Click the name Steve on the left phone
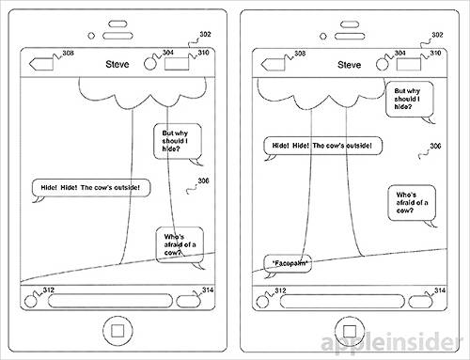tap(117, 64)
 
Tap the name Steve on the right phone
tap(349, 65)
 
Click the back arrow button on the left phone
tap(41, 64)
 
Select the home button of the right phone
tap(350, 331)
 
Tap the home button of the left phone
tap(117, 331)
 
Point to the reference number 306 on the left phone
tap(203, 180)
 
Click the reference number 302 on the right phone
tap(437, 35)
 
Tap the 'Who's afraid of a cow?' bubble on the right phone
tap(412, 203)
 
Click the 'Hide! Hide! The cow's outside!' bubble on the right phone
tap(322, 146)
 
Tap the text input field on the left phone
tap(110, 301)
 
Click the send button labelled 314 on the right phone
tap(420, 302)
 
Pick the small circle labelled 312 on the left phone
tap(30, 302)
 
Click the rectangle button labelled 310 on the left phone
tap(177, 64)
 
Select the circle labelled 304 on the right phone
tap(382, 64)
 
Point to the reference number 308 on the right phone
tap(300, 54)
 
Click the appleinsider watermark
tap(392, 342)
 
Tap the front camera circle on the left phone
tap(91, 36)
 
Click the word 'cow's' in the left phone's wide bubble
tap(103, 188)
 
